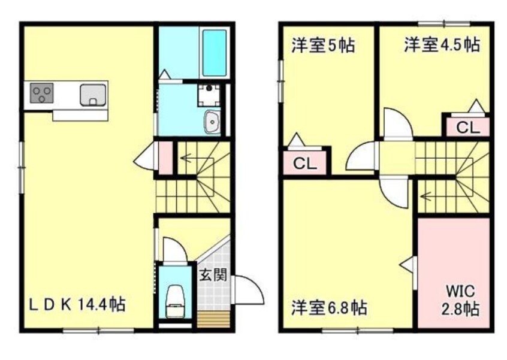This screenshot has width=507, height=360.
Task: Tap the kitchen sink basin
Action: point(93,95)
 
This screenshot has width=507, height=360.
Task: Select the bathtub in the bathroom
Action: point(215,52)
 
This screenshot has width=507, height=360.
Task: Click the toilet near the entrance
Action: point(175,298)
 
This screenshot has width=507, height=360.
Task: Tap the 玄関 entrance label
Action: point(213,276)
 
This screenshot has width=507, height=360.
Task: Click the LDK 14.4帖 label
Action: point(77,304)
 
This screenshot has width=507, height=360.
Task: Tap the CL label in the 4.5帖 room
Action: point(467,127)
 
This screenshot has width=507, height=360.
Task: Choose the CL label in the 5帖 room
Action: point(305,164)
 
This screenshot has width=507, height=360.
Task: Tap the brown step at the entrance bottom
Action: point(214,319)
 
